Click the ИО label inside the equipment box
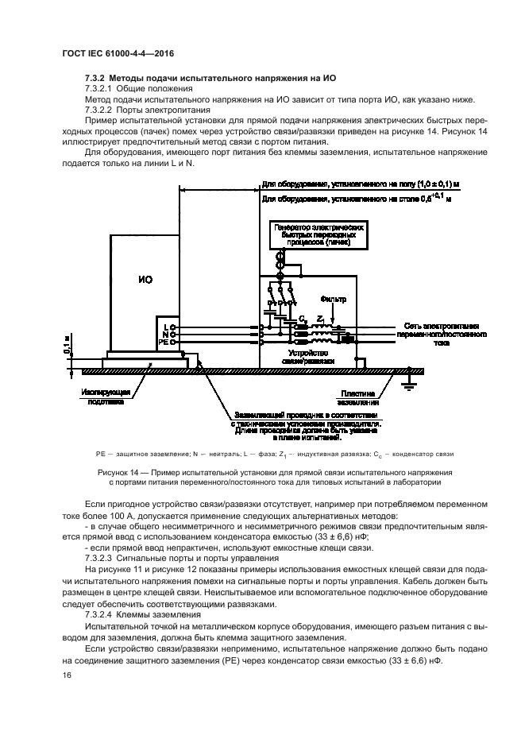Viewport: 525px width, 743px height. click(x=145, y=280)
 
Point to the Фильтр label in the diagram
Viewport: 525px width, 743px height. click(x=334, y=300)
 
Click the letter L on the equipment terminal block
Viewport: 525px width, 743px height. click(x=165, y=327)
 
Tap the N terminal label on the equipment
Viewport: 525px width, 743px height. click(x=165, y=335)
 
